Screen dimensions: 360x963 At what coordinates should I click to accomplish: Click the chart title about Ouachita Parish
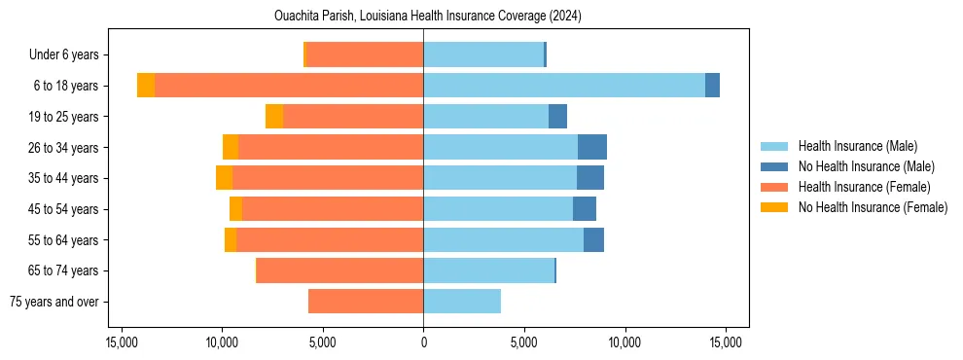coord(423,17)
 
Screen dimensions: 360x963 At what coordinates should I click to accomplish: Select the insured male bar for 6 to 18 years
coord(564,86)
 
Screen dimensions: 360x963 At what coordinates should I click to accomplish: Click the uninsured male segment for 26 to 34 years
coord(592,147)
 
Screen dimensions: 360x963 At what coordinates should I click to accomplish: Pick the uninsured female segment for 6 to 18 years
coord(146,86)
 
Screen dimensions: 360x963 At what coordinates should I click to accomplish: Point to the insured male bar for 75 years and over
coord(462,302)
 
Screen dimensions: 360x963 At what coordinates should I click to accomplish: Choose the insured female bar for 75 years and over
coord(366,302)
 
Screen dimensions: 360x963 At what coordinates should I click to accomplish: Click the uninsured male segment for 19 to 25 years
coord(557,117)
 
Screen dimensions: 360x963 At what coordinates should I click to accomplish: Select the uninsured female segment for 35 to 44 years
coord(224,178)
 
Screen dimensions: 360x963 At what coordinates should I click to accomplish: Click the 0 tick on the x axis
coord(423,342)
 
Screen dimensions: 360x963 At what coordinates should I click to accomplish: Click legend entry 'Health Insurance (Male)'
coord(857,146)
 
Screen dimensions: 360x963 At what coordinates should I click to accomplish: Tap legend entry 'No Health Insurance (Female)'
coord(873,207)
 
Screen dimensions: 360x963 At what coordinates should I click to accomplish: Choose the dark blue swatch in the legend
coord(774,166)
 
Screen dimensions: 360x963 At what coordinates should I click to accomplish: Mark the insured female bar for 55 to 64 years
coord(330,239)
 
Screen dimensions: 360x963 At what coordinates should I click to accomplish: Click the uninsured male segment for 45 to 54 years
coord(585,209)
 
